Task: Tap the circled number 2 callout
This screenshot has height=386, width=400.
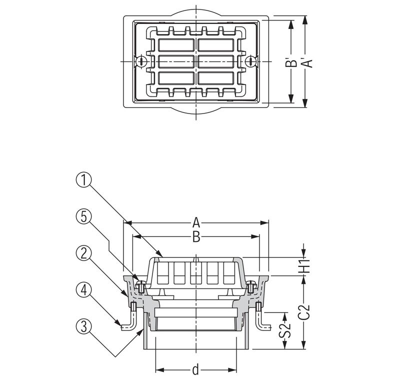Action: [x=83, y=254]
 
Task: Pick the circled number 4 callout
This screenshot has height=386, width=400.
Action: [x=83, y=290]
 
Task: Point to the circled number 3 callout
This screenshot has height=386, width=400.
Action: [x=83, y=327]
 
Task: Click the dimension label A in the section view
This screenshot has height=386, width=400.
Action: [x=196, y=222]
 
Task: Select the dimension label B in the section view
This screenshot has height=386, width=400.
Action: [x=196, y=237]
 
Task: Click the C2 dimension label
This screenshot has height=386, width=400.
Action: [x=304, y=312]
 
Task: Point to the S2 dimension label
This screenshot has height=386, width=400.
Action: [x=285, y=330]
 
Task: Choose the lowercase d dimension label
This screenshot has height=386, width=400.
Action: [x=195, y=369]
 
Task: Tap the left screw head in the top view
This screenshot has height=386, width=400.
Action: [x=140, y=61]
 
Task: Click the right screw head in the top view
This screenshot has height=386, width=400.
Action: [x=250, y=61]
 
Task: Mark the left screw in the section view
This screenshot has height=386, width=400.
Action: [x=140, y=287]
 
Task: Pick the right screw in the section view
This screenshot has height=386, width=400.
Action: [x=251, y=287]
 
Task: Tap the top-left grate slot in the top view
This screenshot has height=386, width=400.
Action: [x=176, y=45]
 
